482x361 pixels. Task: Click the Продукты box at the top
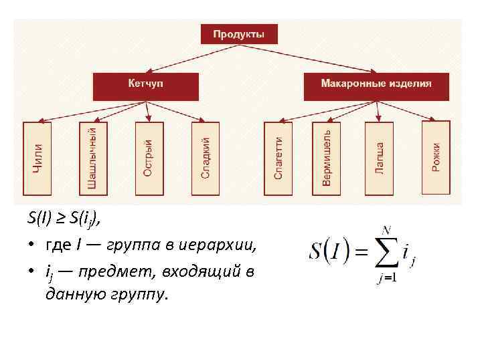(x=239, y=33)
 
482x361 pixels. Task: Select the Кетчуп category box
(x=146, y=86)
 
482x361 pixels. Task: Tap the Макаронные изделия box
(x=376, y=86)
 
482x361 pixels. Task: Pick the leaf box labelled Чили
(x=37, y=159)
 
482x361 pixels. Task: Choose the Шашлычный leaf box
(x=93, y=159)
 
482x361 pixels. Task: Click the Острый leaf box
(x=149, y=159)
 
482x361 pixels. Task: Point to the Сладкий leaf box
(x=205, y=159)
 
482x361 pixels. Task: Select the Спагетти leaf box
(x=278, y=159)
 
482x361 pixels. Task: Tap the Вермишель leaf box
(x=326, y=159)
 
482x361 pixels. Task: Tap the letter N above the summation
(x=386, y=230)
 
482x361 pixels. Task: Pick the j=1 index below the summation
(x=386, y=278)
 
